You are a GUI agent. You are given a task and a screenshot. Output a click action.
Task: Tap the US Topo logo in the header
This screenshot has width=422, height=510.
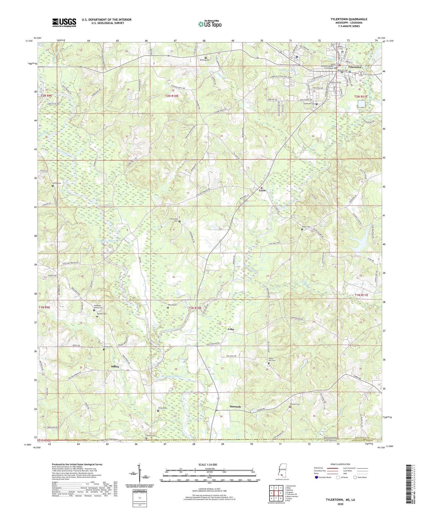click(210, 24)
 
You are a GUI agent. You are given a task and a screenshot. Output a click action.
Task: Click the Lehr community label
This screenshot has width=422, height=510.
click(231, 329)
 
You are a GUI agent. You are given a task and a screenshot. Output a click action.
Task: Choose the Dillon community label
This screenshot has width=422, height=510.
click(115, 367)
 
